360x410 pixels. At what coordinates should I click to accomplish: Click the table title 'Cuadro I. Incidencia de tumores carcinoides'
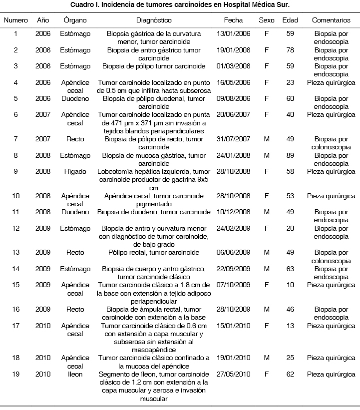pos(180,5)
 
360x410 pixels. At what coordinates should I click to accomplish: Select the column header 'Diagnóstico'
pos(153,20)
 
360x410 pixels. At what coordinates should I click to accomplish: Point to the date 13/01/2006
pos(230,34)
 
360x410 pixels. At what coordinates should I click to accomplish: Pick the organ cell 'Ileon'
pos(75,374)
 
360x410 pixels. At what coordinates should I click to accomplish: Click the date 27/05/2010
pos(230,374)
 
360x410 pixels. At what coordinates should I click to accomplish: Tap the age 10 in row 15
pos(290,285)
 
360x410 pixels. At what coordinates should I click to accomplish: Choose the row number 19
pos(16,374)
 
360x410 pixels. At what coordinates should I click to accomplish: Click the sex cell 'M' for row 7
pos(266,139)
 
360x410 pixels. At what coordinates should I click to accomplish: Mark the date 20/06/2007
pos(230,115)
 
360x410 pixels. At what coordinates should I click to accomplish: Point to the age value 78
pos(290,50)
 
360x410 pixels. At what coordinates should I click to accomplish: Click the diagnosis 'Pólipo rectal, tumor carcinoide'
pos(153,253)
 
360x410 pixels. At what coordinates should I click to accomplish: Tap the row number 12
pos(16,228)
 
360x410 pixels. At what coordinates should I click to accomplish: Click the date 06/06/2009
pos(230,253)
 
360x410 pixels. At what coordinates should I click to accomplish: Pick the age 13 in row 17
pos(290,326)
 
